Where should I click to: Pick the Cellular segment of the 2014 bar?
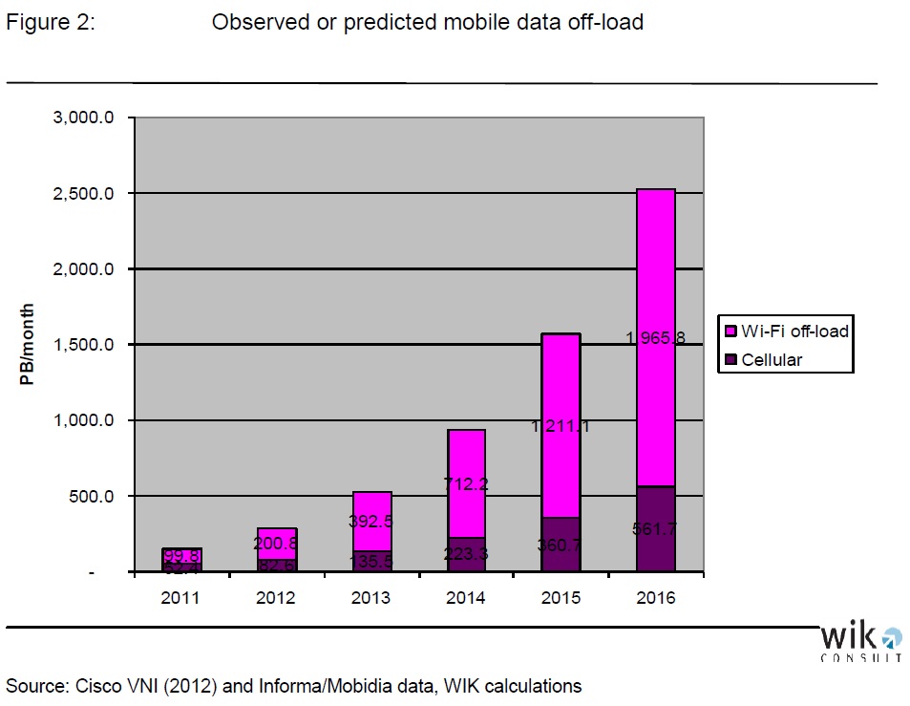[x=466, y=554]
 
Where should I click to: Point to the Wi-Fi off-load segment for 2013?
[x=371, y=516]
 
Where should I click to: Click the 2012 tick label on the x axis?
[x=276, y=598]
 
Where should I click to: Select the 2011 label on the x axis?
[x=180, y=598]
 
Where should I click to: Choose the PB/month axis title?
[x=29, y=345]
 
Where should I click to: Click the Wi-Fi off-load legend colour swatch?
[x=731, y=332]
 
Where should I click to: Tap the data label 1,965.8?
[x=655, y=336]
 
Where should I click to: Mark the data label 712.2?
[x=466, y=483]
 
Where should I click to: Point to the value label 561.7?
[x=656, y=528]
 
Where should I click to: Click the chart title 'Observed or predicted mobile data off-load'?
[x=427, y=22]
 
